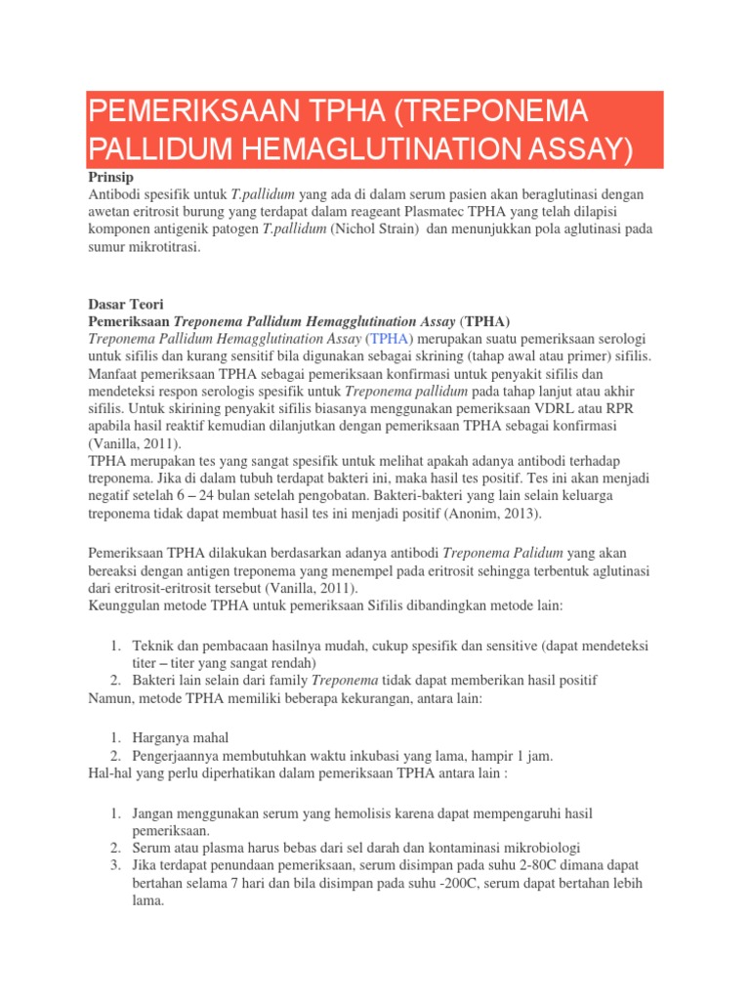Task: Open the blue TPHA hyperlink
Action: [390, 339]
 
